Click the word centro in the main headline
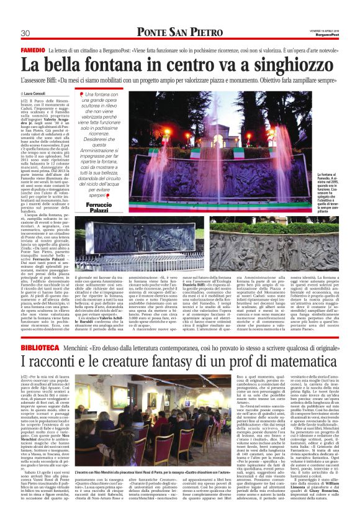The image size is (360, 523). [200, 64]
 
